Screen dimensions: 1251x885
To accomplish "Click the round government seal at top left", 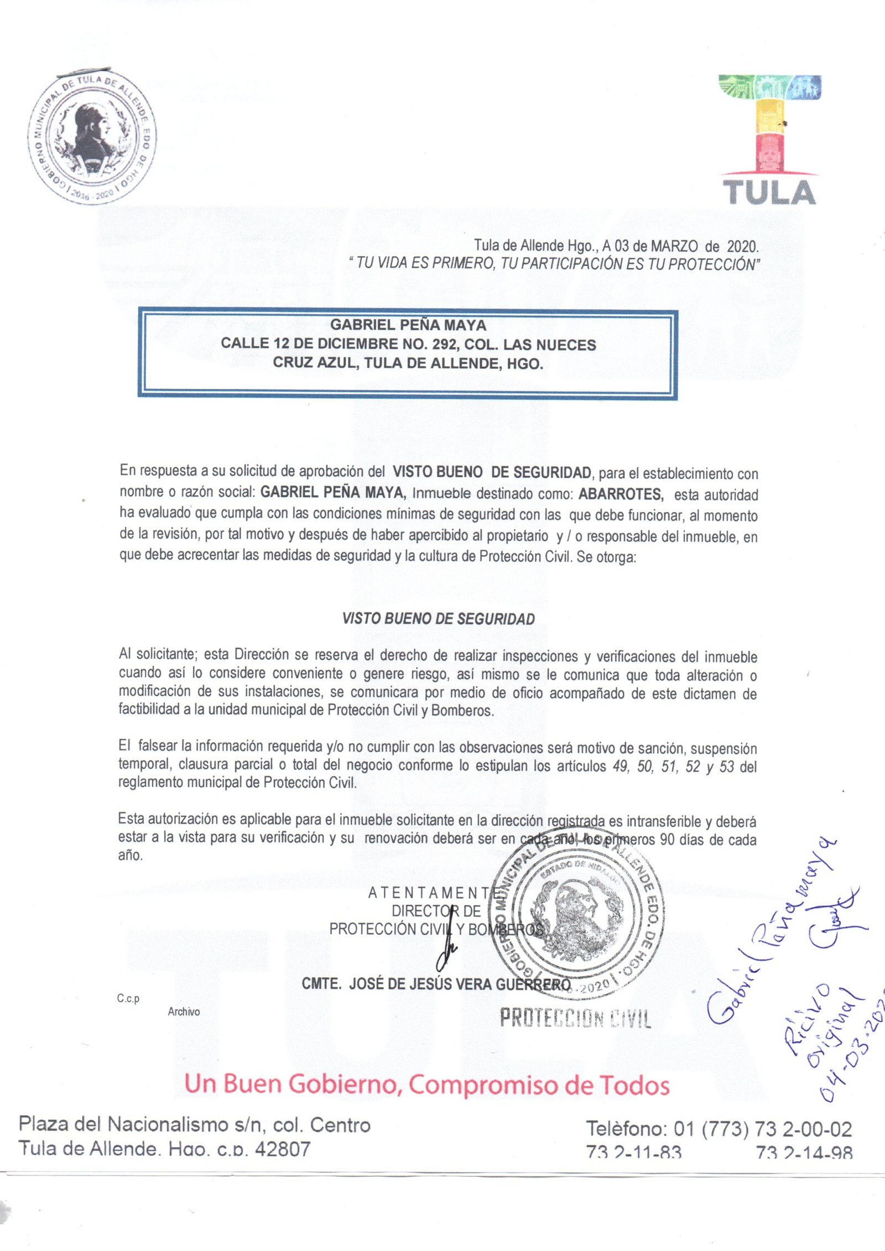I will [x=92, y=138].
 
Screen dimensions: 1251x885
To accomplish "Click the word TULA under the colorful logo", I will [x=769, y=193].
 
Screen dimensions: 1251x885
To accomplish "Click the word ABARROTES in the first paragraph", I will [x=620, y=493].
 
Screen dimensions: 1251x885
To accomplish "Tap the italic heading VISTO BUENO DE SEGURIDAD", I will [x=439, y=619].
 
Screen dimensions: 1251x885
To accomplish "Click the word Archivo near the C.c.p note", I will [x=184, y=1012].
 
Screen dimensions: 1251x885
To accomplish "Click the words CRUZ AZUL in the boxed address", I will [x=316, y=363].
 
